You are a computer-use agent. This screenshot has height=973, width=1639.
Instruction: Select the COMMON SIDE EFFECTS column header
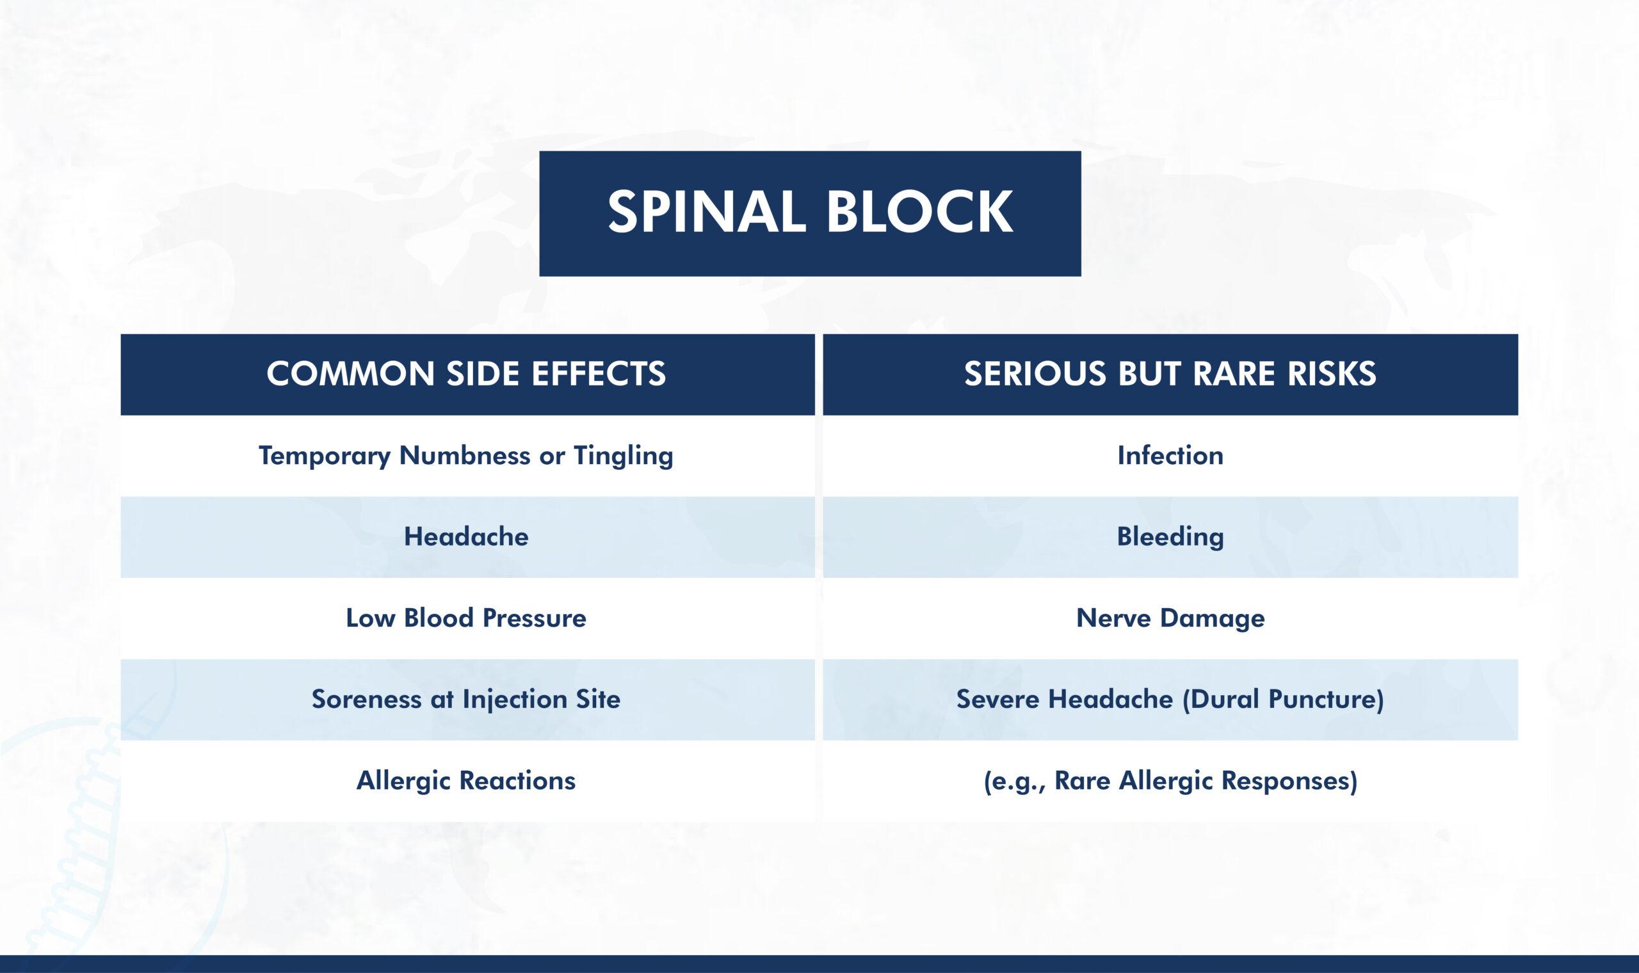[x=466, y=374]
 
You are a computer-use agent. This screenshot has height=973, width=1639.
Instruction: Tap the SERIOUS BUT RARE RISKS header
[x=1170, y=374]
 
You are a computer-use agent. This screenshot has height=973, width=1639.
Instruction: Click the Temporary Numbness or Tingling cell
[x=466, y=455]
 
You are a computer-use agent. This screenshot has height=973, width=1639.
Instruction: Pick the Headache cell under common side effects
[x=466, y=536]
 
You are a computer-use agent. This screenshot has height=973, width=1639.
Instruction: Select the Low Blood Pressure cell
[x=466, y=618]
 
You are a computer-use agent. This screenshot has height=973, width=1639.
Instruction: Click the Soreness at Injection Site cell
[x=466, y=699]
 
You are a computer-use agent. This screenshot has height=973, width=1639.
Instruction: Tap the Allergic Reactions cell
[x=466, y=780]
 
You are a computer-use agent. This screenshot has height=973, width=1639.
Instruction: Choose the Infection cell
[x=1170, y=455]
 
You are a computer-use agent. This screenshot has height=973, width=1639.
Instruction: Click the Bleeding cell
[x=1170, y=536]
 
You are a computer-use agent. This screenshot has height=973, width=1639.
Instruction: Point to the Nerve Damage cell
[x=1170, y=618]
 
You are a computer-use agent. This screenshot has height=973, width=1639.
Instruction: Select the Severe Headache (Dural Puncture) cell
[x=1170, y=699]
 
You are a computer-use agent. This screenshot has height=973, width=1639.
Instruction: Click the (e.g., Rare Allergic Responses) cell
[x=1170, y=780]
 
